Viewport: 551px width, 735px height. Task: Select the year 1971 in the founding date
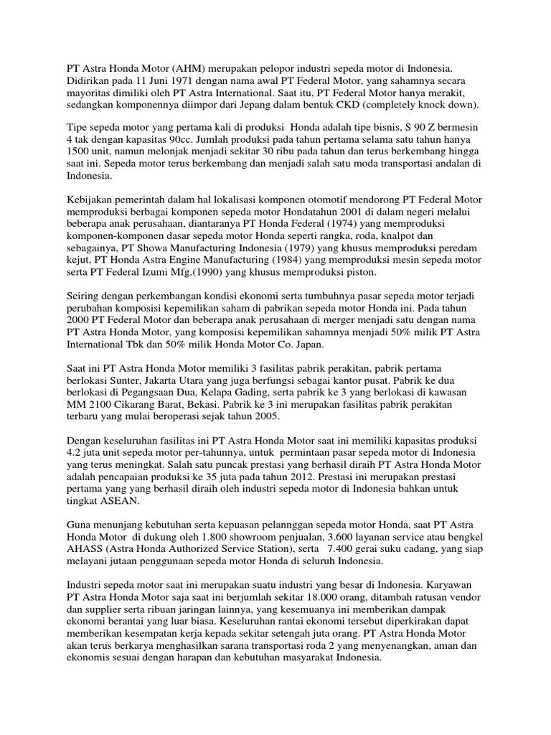pyautogui.click(x=179, y=79)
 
